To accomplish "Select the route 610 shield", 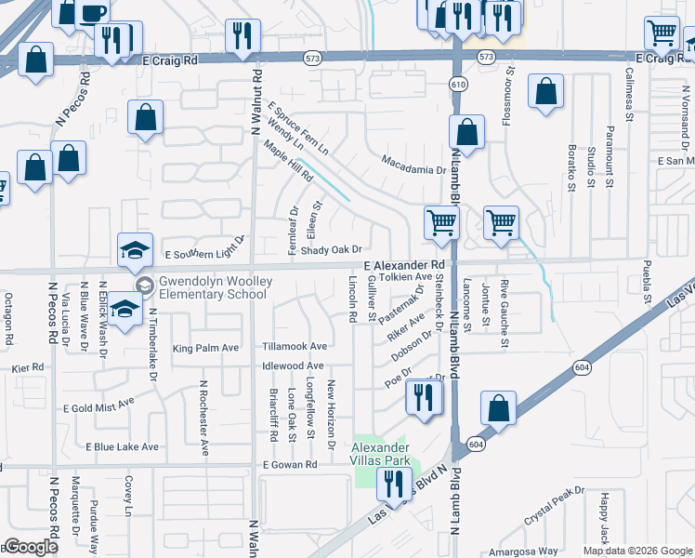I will [460, 85].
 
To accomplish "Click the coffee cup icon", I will [92, 13].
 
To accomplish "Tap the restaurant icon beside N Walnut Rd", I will [243, 36].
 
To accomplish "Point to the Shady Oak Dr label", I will [330, 249].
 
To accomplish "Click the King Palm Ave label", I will [205, 348].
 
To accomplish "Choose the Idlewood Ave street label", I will [293, 366].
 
